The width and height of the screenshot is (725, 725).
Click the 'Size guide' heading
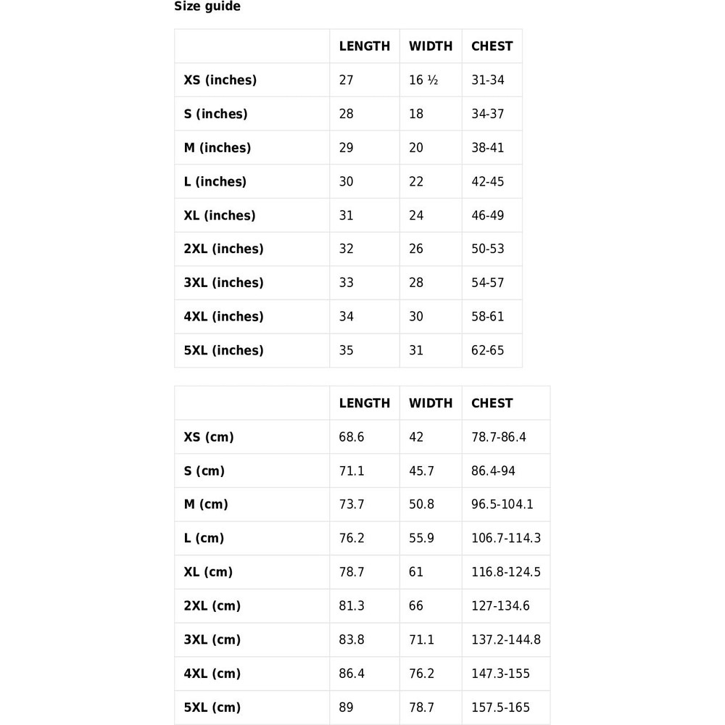tap(207, 7)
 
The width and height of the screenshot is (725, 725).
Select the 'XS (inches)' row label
tap(220, 80)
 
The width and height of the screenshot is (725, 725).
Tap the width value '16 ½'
tap(423, 80)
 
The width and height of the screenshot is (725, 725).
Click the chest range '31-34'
tap(487, 80)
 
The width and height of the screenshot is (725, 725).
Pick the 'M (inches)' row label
tap(217, 148)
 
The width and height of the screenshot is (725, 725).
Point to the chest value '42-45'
tap(487, 181)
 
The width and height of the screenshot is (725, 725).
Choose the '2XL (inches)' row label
tap(223, 249)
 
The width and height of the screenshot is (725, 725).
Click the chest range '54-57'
tap(487, 283)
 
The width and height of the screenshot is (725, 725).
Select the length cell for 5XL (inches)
tap(347, 350)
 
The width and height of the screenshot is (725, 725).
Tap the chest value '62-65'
tap(487, 350)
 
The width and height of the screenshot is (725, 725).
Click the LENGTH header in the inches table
tap(364, 46)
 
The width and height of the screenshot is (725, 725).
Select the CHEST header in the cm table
tap(492, 403)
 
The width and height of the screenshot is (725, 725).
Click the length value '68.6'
tap(352, 437)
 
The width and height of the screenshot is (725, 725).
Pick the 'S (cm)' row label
tap(204, 471)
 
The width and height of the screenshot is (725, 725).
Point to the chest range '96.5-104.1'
tap(502, 505)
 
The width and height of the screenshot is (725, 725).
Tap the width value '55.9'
tap(421, 538)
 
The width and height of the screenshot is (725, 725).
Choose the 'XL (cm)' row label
tap(208, 572)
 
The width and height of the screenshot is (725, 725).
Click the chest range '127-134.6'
tap(500, 605)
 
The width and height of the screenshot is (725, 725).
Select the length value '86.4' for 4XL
tap(352, 674)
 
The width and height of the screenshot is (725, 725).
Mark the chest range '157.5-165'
tap(500, 707)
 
